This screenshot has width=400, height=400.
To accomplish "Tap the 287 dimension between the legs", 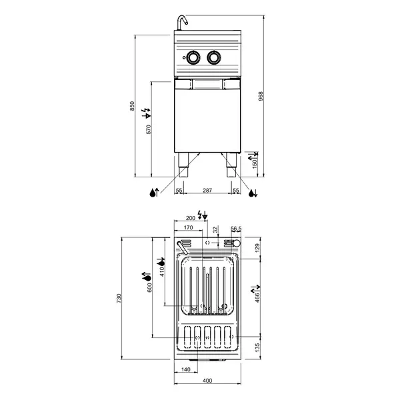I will point(207,191).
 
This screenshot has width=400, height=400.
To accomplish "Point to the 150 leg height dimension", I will point(254,164).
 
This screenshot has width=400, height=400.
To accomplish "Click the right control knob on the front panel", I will point(214,58).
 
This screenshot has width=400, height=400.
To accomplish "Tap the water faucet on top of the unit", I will point(180,23).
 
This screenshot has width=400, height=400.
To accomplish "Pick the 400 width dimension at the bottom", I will point(207,381).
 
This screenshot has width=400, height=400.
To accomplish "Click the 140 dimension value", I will point(186,369).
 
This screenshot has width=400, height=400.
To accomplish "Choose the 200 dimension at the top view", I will point(190,218).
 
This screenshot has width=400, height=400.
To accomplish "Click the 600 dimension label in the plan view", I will point(150,287).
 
